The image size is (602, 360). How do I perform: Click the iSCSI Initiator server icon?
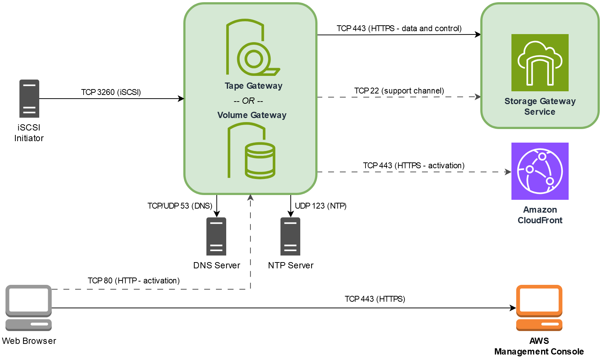pyautogui.click(x=29, y=98)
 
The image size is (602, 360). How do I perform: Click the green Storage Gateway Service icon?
pyautogui.click(x=540, y=63)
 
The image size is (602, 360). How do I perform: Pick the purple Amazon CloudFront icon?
pyautogui.click(x=540, y=171)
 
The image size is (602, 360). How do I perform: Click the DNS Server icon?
pyautogui.click(x=216, y=236)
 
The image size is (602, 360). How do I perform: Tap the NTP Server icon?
pyautogui.click(x=290, y=236)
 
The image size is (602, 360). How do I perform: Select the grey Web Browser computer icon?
pyautogui.click(x=29, y=308)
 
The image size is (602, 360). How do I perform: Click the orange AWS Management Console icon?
pyautogui.click(x=539, y=308)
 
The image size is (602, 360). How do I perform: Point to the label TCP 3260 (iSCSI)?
pyautogui.click(x=111, y=92)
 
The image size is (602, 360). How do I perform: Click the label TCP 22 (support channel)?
pyautogui.click(x=399, y=91)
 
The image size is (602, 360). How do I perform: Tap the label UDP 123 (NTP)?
pyautogui.click(x=320, y=206)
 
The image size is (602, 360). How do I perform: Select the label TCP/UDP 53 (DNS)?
pyautogui.click(x=180, y=206)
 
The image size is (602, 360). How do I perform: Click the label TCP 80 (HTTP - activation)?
pyautogui.click(x=133, y=280)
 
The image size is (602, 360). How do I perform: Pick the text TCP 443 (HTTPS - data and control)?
pyautogui.click(x=399, y=28)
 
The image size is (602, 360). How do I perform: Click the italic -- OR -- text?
pyautogui.click(x=249, y=101)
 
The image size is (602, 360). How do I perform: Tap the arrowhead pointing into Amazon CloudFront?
pyautogui.click(x=508, y=172)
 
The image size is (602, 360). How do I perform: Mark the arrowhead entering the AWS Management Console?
pyautogui.click(x=513, y=308)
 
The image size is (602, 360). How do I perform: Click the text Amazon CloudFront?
pyautogui.click(x=540, y=215)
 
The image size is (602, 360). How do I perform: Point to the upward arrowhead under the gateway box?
pyautogui.click(x=250, y=197)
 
